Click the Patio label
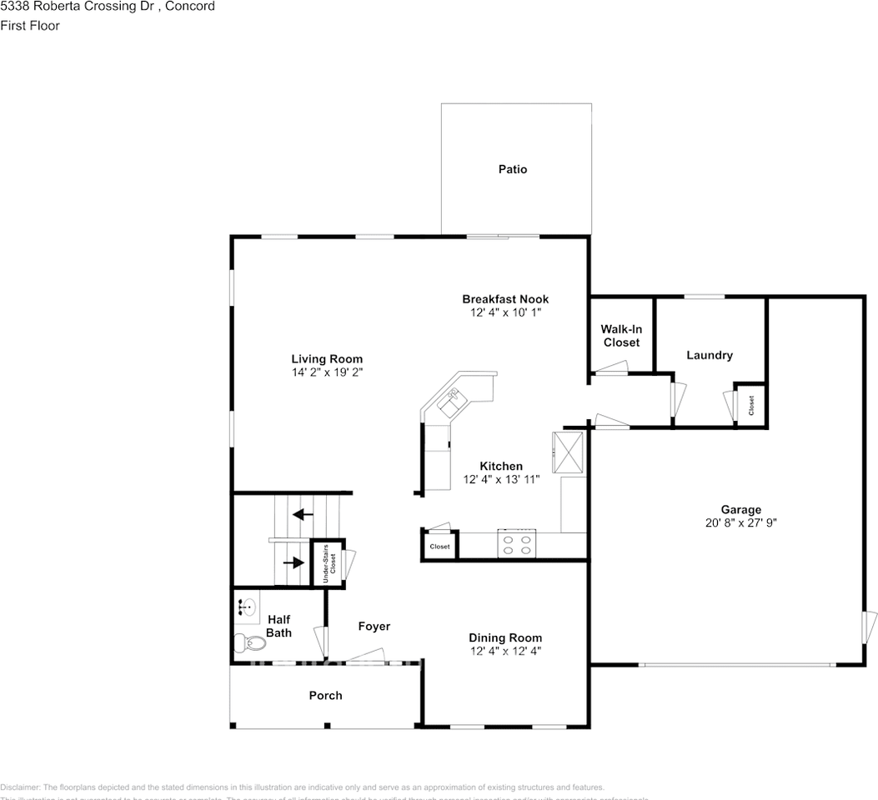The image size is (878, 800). point(513,169)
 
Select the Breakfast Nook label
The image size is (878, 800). point(505,299)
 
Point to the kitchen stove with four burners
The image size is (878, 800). point(517,544)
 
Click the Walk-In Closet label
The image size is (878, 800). point(621,336)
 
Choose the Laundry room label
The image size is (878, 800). point(710,355)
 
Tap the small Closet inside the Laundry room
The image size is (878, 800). point(751,405)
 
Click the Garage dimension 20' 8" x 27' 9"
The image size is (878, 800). point(741,523)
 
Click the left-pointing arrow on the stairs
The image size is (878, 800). point(303,514)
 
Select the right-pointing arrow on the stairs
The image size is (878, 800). point(294,562)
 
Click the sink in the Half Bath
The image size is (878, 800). point(246,607)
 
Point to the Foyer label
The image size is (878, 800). point(374,627)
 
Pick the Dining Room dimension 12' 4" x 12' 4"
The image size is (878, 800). point(505,651)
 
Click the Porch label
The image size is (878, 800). point(325,695)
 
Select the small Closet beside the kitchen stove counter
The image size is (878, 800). point(439,547)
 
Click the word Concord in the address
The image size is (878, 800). point(191,7)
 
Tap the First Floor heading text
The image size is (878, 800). point(30,26)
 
